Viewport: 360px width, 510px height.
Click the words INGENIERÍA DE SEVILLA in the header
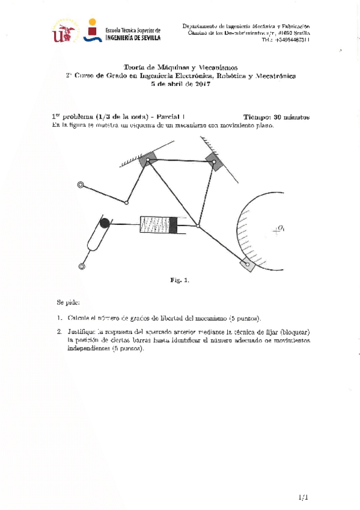[132, 37]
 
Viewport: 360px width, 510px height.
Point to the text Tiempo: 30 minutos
[277, 117]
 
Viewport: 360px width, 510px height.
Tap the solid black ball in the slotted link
[104, 224]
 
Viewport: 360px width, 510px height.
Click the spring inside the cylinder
[155, 225]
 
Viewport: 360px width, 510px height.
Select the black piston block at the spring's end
[174, 225]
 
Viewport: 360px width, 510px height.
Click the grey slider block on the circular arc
[246, 262]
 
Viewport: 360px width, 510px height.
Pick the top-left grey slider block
[147, 159]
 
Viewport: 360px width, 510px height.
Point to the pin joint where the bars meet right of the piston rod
[198, 227]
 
